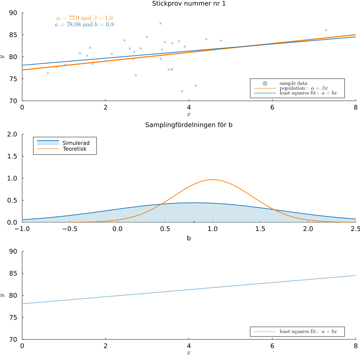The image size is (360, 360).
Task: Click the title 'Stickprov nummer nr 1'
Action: (189, 4)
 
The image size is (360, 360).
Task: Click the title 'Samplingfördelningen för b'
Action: (189, 125)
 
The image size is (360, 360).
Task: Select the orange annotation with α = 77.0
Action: (85, 18)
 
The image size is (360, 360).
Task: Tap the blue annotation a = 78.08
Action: (85, 25)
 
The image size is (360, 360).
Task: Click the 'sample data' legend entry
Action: (293, 83)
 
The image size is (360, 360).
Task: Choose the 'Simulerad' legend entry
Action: (76, 143)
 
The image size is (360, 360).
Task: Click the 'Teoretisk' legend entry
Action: (75, 149)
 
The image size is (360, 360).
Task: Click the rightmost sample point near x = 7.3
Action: (326, 30)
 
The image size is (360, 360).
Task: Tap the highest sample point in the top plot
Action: (160, 23)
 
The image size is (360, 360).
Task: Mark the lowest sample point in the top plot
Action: (182, 91)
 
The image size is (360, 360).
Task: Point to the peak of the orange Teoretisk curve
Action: (213, 179)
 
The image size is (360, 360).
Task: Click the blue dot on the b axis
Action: (194, 222)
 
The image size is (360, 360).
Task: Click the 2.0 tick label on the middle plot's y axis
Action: (13, 134)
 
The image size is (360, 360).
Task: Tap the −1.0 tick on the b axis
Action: (22, 229)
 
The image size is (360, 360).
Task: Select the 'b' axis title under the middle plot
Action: (189, 238)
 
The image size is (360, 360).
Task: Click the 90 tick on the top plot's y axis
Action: (13, 13)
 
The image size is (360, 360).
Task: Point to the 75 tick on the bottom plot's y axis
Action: (13, 317)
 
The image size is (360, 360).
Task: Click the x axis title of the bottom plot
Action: (189, 352)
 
